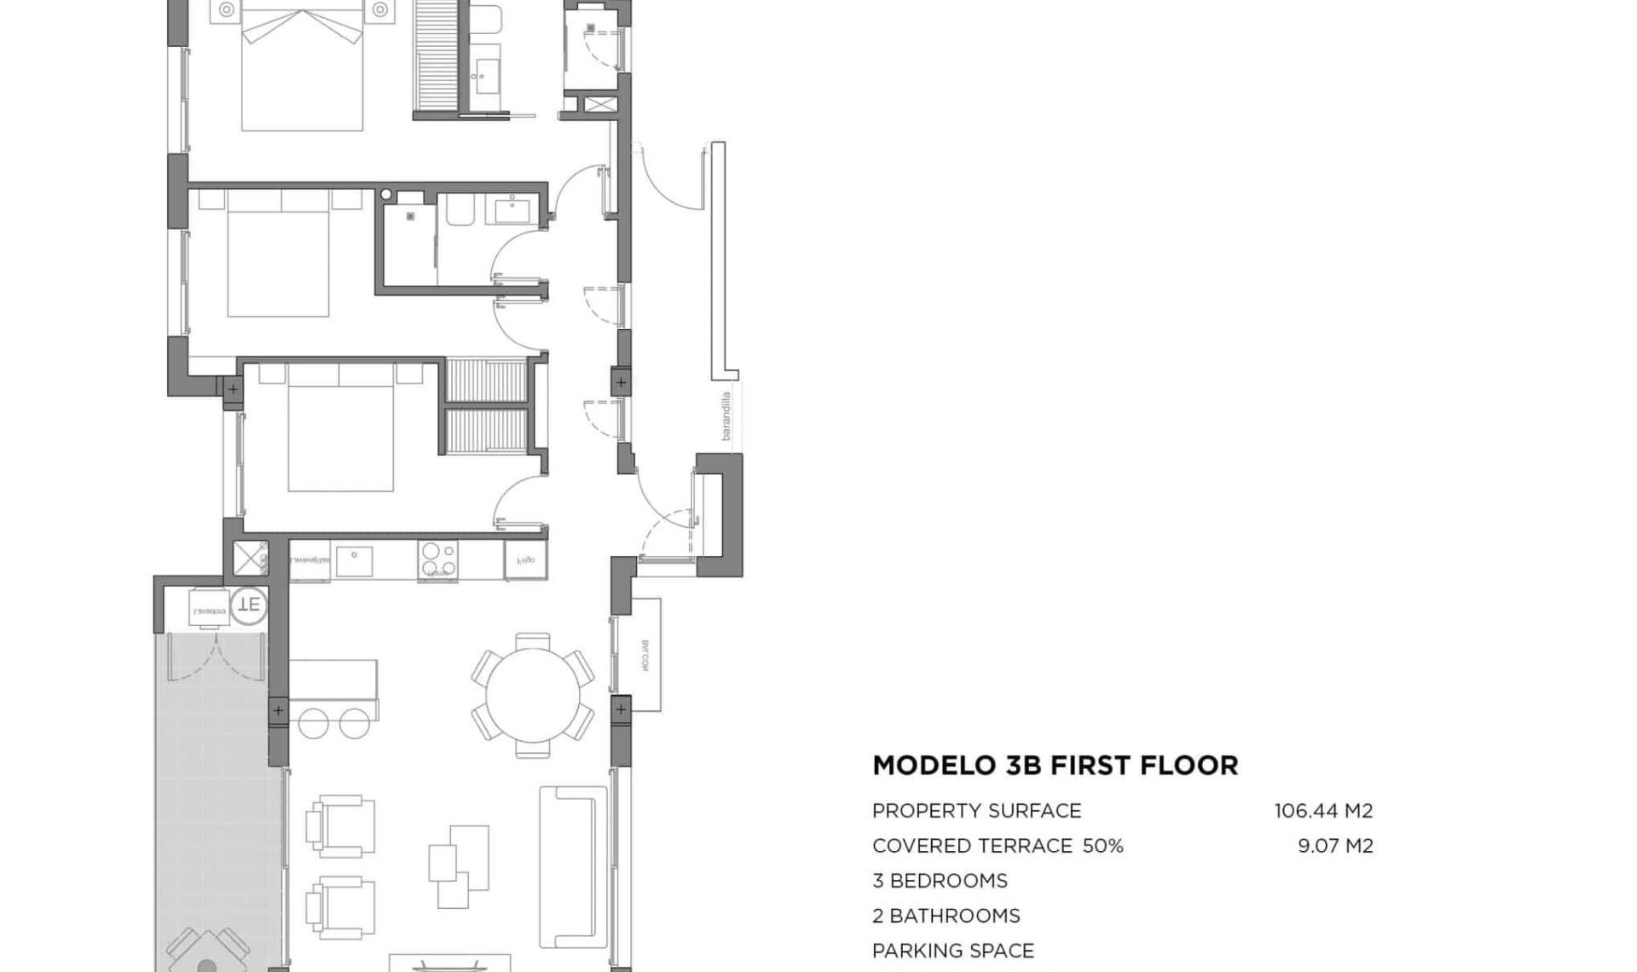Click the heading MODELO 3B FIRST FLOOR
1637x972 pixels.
tap(1055, 765)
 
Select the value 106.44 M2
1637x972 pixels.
tap(1323, 811)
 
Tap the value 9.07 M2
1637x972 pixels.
tap(1335, 846)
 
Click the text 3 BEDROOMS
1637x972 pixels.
tap(940, 881)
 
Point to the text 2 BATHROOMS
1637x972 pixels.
tap(946, 916)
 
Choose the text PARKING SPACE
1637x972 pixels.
tap(952, 951)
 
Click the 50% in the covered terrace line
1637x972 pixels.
tap(1102, 846)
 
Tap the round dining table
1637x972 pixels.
tap(532, 695)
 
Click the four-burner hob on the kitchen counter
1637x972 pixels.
tap(437, 560)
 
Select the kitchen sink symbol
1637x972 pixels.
tap(354, 562)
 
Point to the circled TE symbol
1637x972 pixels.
tap(248, 605)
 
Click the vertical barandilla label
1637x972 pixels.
tap(726, 415)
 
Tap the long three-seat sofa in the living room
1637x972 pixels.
tap(573, 867)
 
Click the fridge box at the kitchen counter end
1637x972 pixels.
tap(525, 560)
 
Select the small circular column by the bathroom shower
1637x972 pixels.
tap(386, 194)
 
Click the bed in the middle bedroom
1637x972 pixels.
tap(278, 253)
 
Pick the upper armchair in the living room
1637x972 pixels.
tap(341, 825)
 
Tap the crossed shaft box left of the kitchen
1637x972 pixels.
tap(251, 558)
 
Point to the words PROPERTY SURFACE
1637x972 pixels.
tap(976, 811)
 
